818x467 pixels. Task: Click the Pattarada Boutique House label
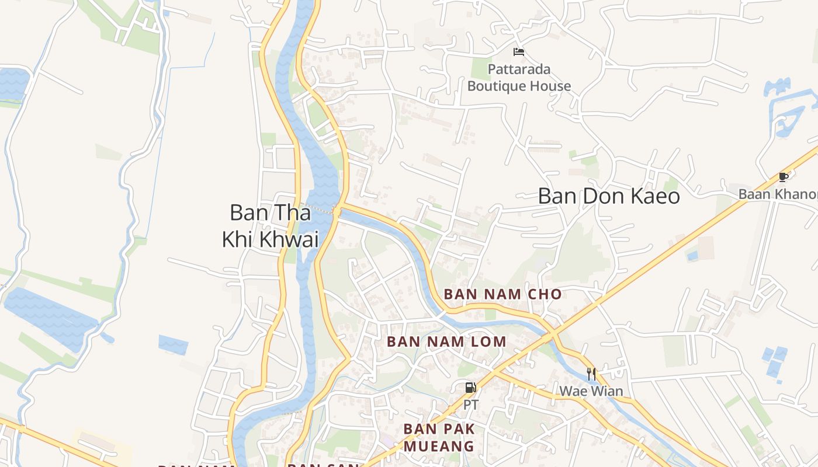pos(519,78)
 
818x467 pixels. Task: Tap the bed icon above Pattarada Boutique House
pos(519,52)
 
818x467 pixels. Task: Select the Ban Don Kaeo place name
pos(609,196)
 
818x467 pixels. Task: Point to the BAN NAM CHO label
pos(502,294)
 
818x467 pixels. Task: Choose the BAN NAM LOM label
pos(446,341)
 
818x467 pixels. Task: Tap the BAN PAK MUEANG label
pos(439,438)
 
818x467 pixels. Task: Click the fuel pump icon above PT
pos(470,388)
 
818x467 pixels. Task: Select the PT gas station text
pos(470,404)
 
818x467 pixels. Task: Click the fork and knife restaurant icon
pos(591,374)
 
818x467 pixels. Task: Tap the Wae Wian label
pos(591,391)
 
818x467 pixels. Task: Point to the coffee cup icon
pos(784,177)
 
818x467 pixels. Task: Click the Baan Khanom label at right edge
pos(777,194)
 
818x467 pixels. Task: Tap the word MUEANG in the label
pos(439,447)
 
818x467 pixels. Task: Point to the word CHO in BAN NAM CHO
pos(545,294)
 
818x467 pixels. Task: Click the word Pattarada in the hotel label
pos(519,69)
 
